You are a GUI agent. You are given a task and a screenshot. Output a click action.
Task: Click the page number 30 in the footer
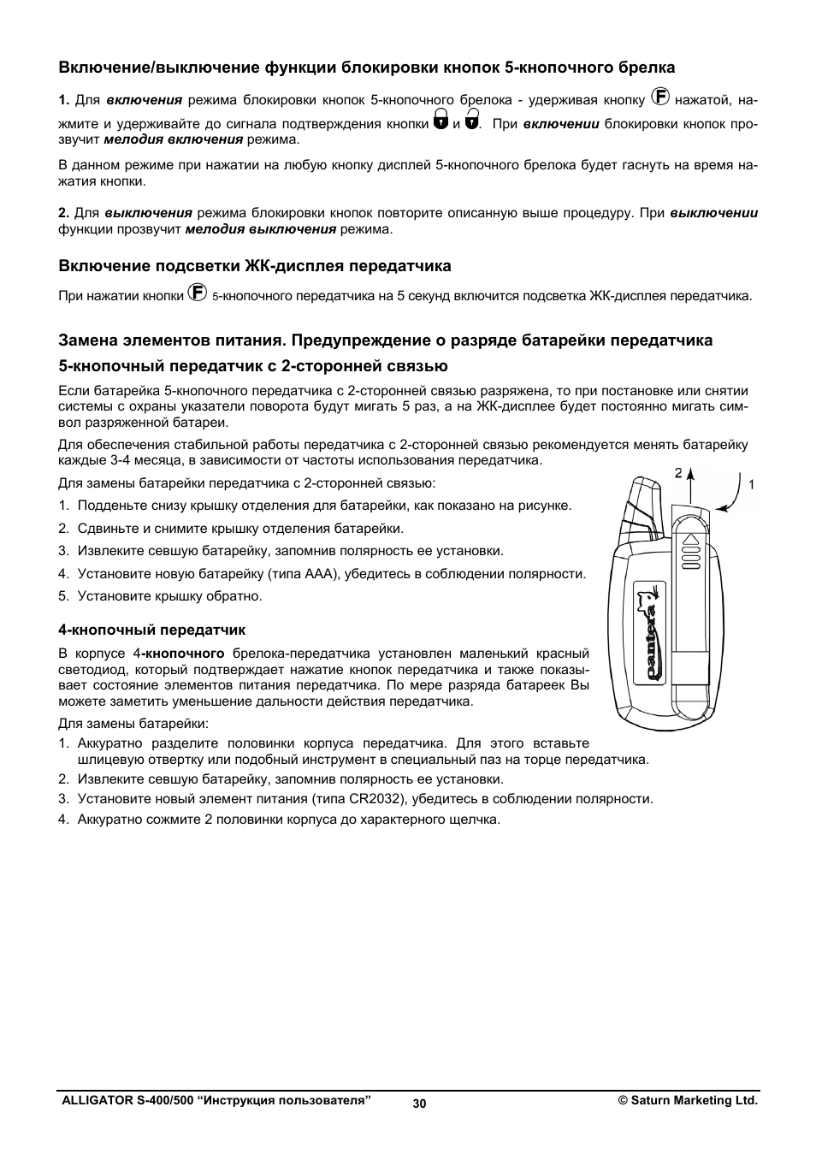pos(418,1104)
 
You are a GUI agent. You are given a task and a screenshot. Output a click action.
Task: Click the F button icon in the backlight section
pos(197,293)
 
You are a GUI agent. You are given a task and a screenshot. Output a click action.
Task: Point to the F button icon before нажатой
pos(660,97)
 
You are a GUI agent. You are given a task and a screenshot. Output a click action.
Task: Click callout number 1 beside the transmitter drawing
pos(751,484)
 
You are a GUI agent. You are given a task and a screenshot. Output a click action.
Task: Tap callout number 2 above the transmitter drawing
pos(677,472)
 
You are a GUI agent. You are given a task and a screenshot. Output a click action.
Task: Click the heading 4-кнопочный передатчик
pos(151,630)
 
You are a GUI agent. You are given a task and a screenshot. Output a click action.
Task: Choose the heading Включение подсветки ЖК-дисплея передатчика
pos(254,266)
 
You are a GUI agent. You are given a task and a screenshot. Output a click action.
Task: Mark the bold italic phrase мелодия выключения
pos(260,229)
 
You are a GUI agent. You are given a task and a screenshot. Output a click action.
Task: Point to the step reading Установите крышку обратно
pos(169,596)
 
